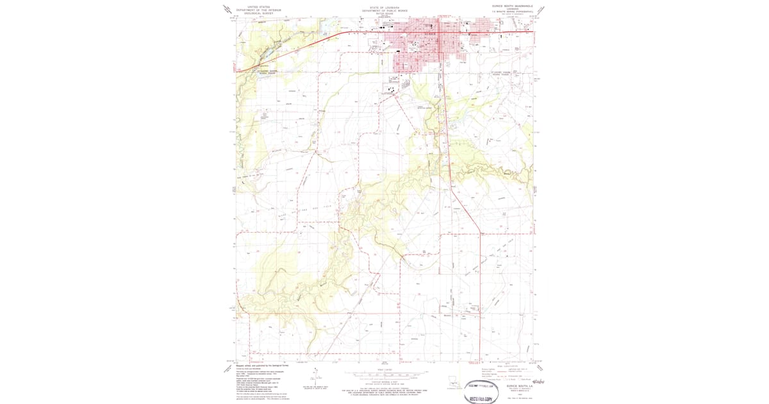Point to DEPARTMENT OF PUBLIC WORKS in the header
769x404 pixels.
(384, 10)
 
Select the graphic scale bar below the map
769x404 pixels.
(384, 373)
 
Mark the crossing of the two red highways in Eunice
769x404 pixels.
(440, 32)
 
